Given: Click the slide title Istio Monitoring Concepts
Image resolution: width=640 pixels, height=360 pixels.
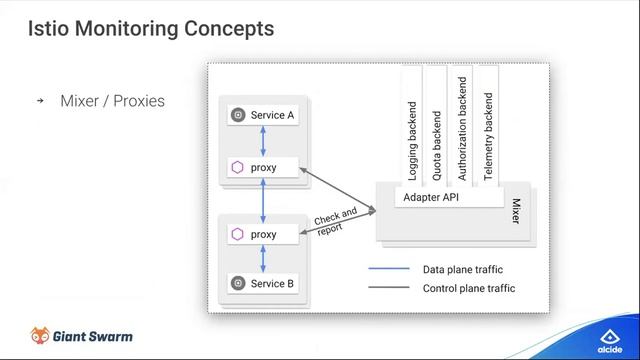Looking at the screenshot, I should click(151, 29).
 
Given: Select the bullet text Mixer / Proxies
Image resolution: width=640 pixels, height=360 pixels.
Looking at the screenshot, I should click(112, 101).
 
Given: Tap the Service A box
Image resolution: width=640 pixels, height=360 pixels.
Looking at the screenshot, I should click(263, 115).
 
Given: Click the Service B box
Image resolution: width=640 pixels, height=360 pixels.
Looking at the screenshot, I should click(263, 283).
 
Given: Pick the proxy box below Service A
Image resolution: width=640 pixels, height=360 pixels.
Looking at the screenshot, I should click(263, 167).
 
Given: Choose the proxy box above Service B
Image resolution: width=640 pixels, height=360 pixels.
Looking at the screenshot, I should click(263, 234).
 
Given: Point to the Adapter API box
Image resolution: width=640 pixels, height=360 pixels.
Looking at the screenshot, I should click(438, 197).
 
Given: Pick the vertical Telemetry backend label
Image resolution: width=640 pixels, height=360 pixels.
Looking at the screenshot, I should click(488, 136).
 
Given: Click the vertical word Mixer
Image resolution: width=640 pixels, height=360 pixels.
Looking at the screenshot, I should click(516, 211).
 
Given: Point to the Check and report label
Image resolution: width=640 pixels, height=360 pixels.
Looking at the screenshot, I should click(334, 220).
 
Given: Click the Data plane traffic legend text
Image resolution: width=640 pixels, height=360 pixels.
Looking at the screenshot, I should click(462, 269).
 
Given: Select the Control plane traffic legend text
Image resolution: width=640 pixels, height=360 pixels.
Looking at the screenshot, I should click(468, 288).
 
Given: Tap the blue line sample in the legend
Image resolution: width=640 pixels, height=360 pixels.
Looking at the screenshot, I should click(389, 269).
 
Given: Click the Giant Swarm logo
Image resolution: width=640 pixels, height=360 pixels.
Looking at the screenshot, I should click(81, 336).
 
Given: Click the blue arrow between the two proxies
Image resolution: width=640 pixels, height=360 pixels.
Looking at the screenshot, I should click(263, 201).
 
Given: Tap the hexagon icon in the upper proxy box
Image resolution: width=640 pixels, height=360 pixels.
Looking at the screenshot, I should click(237, 167).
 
